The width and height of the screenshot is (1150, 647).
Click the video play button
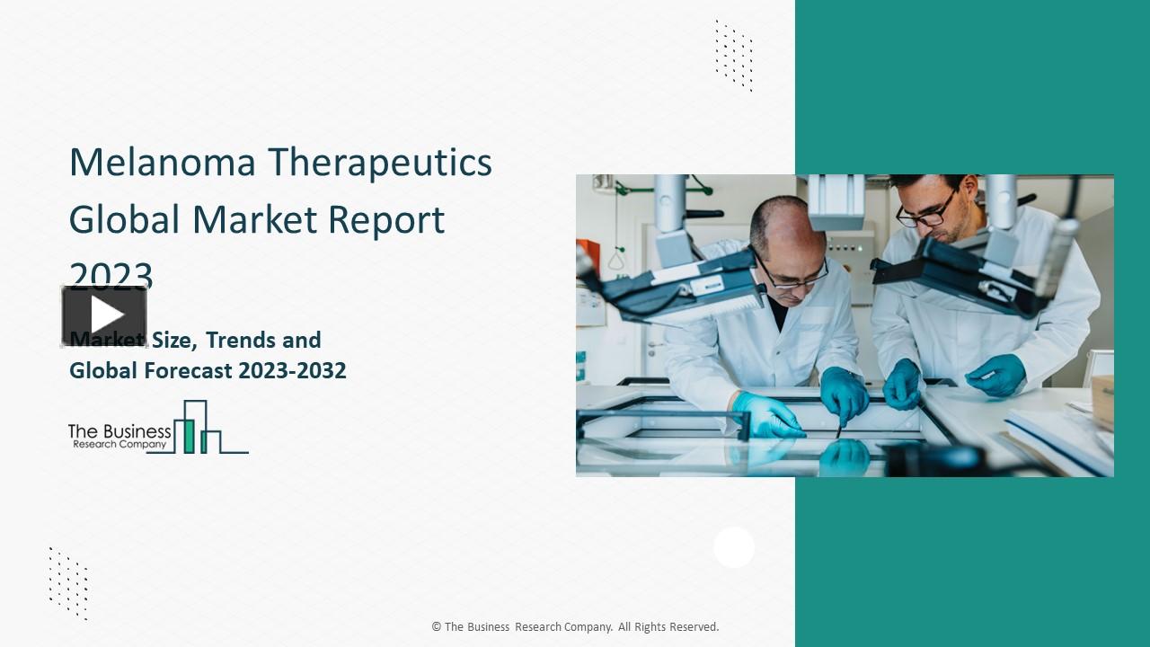[105, 315]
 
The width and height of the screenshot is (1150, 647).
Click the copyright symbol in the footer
[436, 627]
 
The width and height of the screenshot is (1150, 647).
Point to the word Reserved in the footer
[693, 627]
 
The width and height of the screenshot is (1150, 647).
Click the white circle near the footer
[734, 547]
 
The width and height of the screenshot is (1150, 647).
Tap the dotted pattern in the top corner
[733, 55]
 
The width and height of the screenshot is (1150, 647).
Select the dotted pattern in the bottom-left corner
[68, 582]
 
